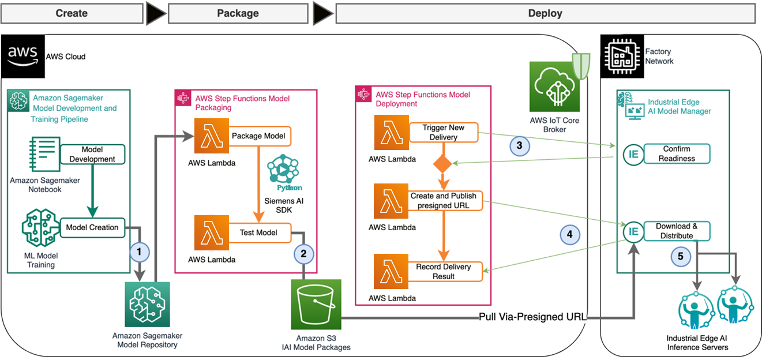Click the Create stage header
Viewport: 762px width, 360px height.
point(72,13)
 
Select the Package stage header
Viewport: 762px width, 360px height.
point(238,13)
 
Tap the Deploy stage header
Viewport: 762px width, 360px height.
point(545,13)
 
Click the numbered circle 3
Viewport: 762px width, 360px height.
point(519,145)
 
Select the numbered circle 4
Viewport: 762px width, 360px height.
point(569,234)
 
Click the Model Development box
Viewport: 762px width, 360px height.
point(92,155)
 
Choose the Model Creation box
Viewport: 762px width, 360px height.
point(92,227)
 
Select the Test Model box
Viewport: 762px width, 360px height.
point(258,232)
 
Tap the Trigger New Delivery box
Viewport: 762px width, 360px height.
point(444,133)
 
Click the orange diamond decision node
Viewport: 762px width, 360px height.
point(442,164)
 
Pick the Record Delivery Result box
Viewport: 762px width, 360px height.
point(443,271)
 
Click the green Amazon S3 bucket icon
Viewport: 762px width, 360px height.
point(316,304)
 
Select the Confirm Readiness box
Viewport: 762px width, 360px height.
point(677,154)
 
